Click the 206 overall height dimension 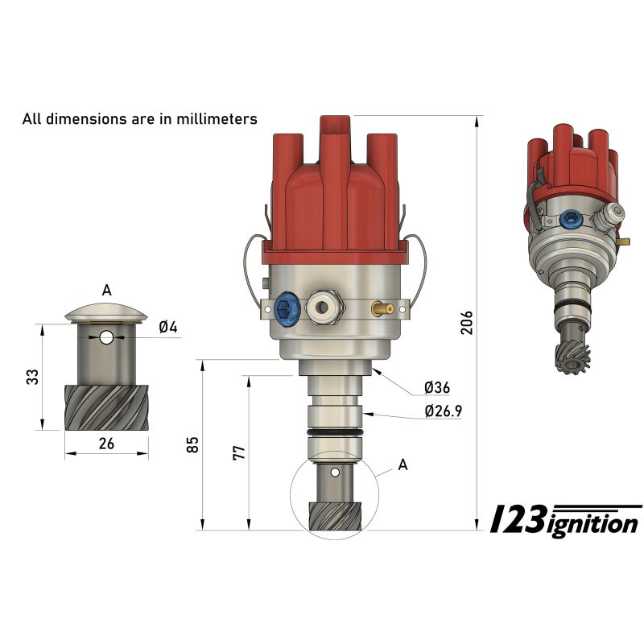(467, 323)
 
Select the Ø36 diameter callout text (437, 387)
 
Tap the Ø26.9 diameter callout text (444, 411)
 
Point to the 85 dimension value (192, 444)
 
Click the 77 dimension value (238, 452)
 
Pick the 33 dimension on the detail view (32, 377)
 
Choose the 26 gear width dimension (106, 444)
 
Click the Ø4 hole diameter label (168, 328)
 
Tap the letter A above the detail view (106, 291)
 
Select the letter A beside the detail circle (403, 465)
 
